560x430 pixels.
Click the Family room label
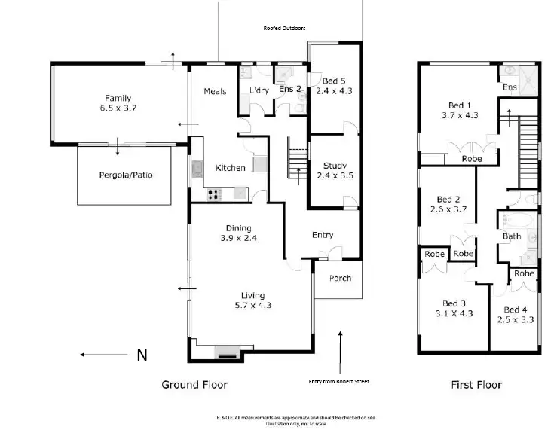tap(118, 98)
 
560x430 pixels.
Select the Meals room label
tap(215, 91)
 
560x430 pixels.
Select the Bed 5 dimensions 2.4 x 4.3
tap(333, 90)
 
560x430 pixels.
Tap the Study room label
tap(335, 166)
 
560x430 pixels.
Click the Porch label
tap(340, 278)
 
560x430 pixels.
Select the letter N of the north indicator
tap(141, 355)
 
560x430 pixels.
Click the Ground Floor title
tap(194, 385)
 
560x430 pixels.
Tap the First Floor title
tap(476, 385)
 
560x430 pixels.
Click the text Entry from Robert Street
tap(339, 382)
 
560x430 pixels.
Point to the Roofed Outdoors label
tap(284, 28)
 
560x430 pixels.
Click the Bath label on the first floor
tap(512, 236)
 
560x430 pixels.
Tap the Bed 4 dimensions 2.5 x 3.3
tap(515, 319)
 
